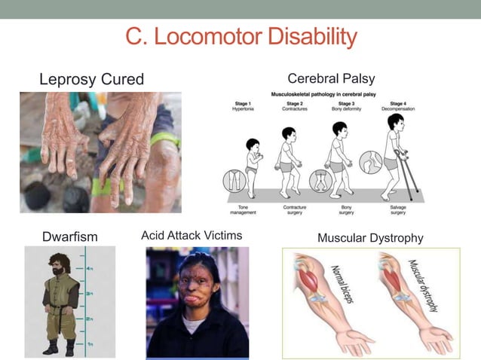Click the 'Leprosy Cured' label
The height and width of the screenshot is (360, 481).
[91, 79]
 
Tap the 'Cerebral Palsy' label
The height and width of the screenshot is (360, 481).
[331, 78]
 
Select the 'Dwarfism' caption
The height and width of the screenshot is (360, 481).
[70, 237]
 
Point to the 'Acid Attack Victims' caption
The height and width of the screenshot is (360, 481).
[191, 236]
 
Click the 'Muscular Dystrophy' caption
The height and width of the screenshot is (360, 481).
[370, 238]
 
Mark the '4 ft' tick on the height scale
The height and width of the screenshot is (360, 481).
[89, 268]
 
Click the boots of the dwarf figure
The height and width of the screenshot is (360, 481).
[60, 349]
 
